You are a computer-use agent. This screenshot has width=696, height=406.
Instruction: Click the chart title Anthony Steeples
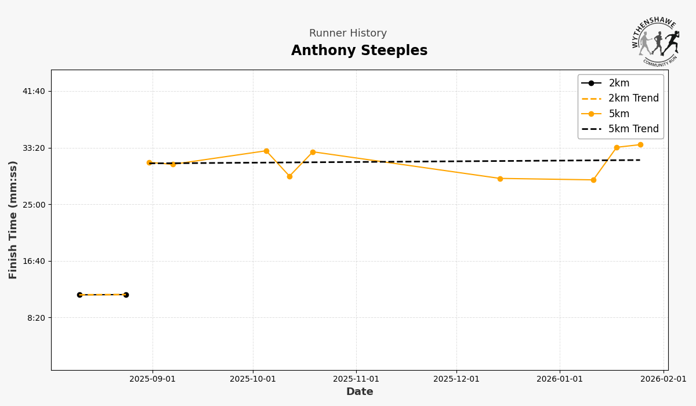pos(359,51)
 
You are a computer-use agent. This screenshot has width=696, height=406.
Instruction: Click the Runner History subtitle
pos(347,34)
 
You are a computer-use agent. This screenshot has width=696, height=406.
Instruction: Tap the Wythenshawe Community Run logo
pos(656,40)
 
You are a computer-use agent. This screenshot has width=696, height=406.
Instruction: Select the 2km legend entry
pos(619,84)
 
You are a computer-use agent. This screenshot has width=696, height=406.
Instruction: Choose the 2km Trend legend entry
pos(633,99)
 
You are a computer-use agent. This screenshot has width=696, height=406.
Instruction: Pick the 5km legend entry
pos(619,114)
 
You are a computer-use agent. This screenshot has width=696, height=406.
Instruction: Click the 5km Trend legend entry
pos(633,129)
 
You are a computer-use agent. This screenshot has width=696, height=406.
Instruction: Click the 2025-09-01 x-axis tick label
pos(153,379)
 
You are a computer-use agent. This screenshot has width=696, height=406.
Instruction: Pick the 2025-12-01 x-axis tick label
pos(456,379)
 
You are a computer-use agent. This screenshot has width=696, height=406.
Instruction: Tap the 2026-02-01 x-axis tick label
pos(664,379)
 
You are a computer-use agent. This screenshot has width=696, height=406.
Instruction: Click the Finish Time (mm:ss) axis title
pos(13,220)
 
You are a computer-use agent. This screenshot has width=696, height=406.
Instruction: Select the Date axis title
pos(360,392)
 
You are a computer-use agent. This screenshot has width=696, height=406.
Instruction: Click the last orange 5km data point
pos(640,145)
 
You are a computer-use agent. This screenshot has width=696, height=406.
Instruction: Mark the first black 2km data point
pos(79,295)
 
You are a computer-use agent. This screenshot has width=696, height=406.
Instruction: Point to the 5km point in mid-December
pos(500,179)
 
